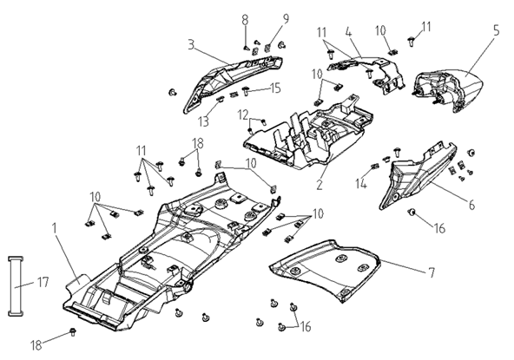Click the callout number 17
click(x=43, y=282)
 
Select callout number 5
click(x=497, y=30)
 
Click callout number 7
click(x=432, y=272)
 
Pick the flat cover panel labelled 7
click(x=324, y=270)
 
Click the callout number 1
click(x=55, y=229)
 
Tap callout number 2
click(x=320, y=184)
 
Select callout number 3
click(x=191, y=44)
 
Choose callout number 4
click(x=348, y=32)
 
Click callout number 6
click(x=471, y=205)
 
